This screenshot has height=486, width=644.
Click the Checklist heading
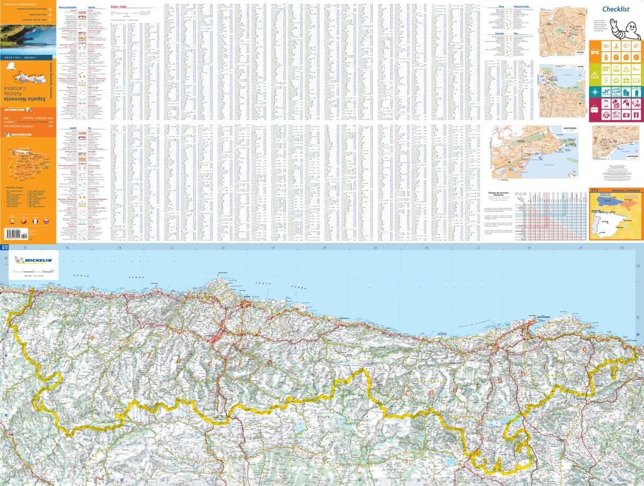click(x=615, y=9)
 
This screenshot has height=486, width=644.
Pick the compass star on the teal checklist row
click(x=595, y=92)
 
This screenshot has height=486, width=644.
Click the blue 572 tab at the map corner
click(x=5, y=247)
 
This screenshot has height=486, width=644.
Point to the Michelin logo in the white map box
click(x=33, y=260)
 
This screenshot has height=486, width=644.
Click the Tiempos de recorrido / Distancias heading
click(x=503, y=191)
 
